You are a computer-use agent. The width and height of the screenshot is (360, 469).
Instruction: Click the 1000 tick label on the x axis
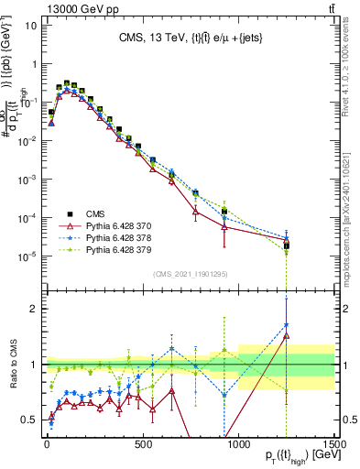tap(239, 447)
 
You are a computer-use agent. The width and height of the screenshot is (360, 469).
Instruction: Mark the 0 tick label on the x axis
tap(47, 447)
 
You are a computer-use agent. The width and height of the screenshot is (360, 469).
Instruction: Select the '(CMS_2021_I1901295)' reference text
tap(190, 274)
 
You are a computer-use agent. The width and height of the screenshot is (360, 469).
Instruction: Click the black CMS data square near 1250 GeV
tap(287, 245)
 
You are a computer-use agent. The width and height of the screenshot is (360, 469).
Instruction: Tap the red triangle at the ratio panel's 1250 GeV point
tap(287, 336)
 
